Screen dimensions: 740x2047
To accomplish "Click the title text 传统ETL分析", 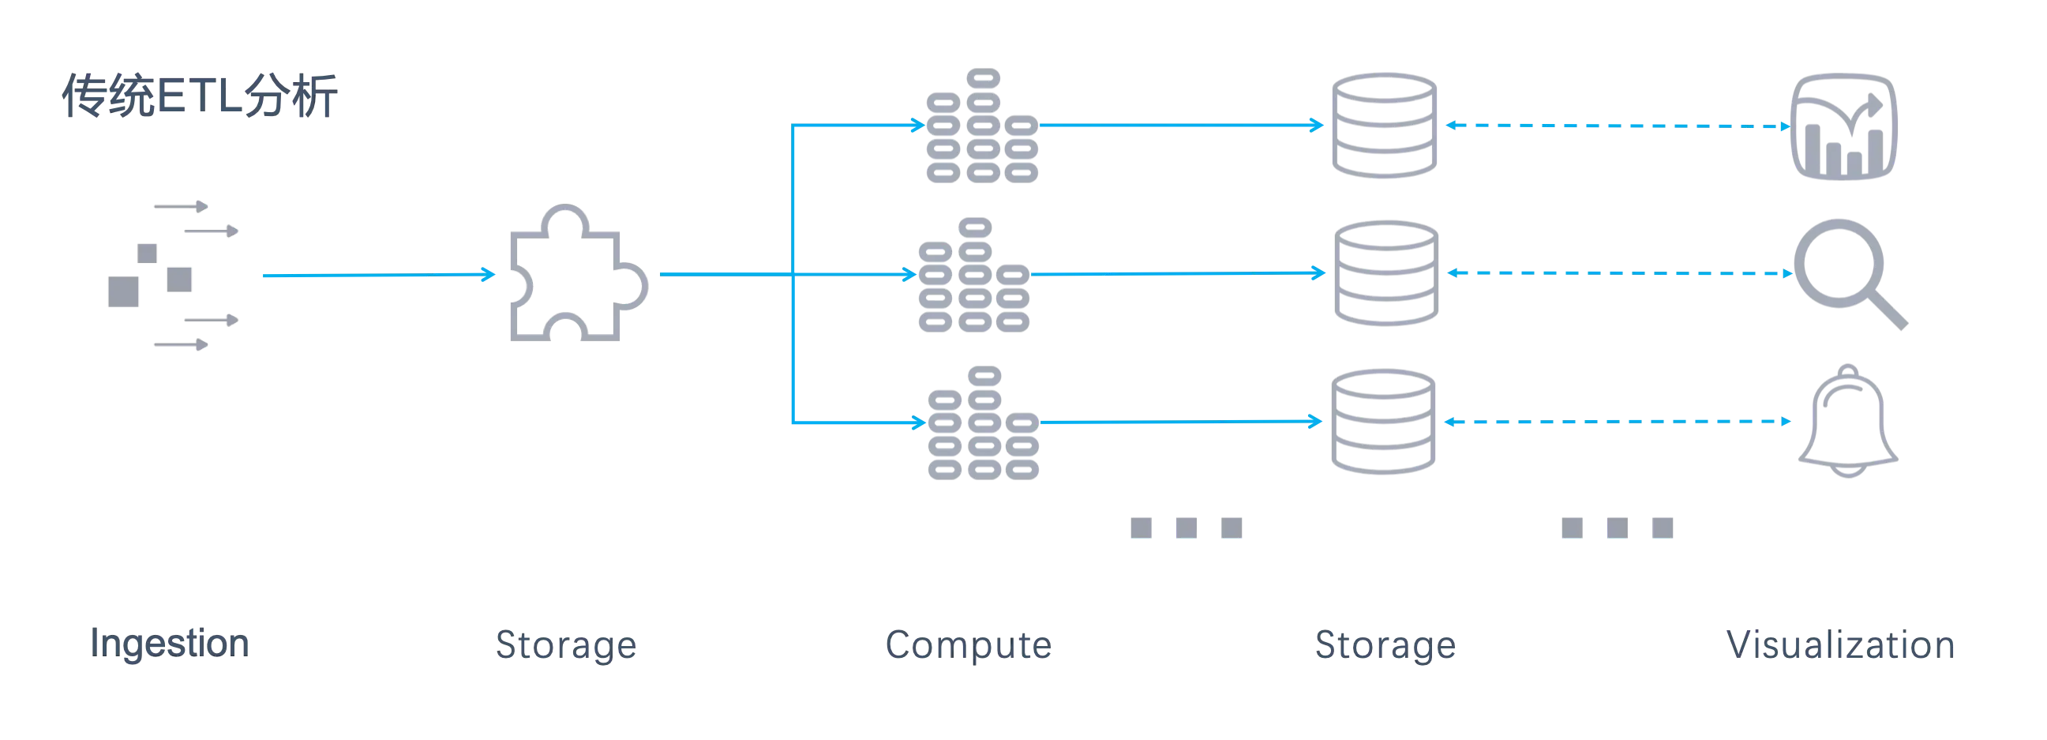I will tap(201, 98).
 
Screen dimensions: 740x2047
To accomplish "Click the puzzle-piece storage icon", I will tap(577, 273).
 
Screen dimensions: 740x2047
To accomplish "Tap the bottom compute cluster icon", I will tap(984, 423).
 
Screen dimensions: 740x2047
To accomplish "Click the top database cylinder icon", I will tap(1383, 126).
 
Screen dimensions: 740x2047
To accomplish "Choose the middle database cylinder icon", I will tap(1385, 273).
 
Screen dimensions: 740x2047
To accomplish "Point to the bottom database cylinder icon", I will tap(1383, 423).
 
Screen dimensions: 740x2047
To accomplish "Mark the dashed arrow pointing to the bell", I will tap(1617, 423).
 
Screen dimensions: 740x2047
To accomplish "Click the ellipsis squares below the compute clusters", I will tap(1187, 528).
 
